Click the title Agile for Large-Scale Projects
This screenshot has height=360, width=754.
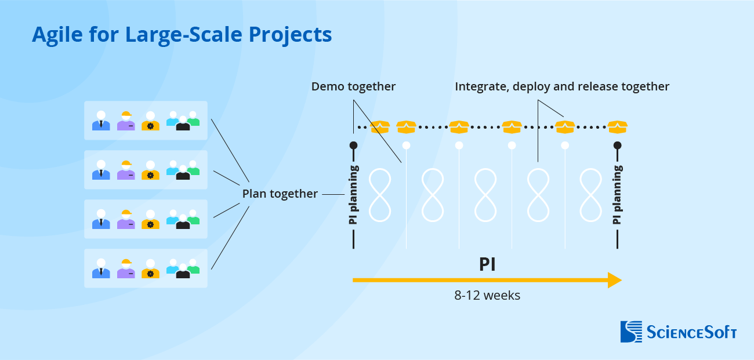pyautogui.click(x=182, y=35)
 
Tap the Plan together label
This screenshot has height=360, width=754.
pyautogui.click(x=280, y=194)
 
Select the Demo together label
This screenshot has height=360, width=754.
pyautogui.click(x=353, y=87)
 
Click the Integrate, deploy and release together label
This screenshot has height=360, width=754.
pyautogui.click(x=561, y=87)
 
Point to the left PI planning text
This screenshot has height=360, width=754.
pyautogui.click(x=353, y=195)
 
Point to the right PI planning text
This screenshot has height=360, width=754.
pyautogui.click(x=617, y=195)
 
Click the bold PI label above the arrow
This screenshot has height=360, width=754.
pyautogui.click(x=487, y=264)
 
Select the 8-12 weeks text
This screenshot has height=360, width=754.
pyautogui.click(x=487, y=295)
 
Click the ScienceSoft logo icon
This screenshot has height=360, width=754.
pyautogui.click(x=631, y=332)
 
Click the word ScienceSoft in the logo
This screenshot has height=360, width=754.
pyautogui.click(x=691, y=332)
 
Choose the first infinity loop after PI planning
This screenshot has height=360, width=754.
pyautogui.click(x=380, y=195)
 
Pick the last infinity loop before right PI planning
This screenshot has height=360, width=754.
pyautogui.click(x=591, y=195)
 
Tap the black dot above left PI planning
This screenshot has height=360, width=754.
pyautogui.click(x=353, y=145)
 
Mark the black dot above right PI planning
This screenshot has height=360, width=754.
pyautogui.click(x=617, y=145)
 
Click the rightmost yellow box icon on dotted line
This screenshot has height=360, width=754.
pyautogui.click(x=617, y=126)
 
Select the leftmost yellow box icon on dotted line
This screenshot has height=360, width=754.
pyautogui.click(x=380, y=126)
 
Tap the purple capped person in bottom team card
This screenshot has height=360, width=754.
pyautogui.click(x=126, y=269)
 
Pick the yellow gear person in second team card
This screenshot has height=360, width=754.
pyautogui.click(x=150, y=170)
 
